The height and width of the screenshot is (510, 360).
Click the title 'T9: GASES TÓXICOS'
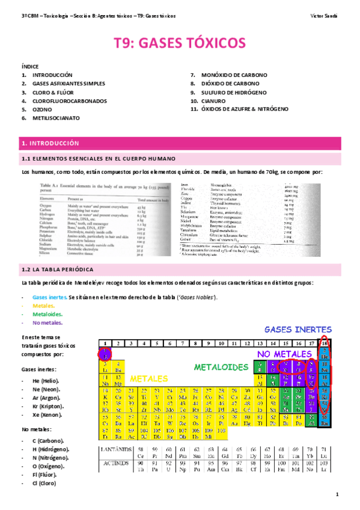[180, 43]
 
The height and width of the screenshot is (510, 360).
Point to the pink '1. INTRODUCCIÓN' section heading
[50, 144]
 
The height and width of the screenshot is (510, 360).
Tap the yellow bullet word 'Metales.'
[43, 306]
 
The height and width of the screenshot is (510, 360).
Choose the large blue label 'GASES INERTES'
[297, 330]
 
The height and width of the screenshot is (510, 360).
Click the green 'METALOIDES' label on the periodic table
[221, 367]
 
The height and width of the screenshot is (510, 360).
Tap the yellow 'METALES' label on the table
[150, 379]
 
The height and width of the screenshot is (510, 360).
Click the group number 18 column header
[325, 343]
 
